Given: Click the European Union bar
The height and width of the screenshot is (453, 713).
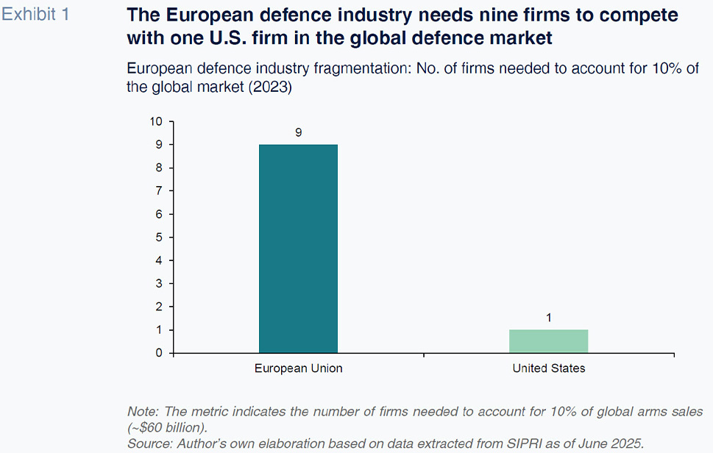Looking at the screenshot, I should click(x=298, y=249).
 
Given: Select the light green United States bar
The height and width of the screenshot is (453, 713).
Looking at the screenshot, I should click(x=549, y=341).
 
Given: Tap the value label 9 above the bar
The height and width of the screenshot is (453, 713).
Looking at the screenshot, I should click(x=299, y=132).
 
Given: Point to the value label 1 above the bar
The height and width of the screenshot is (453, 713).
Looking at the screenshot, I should click(x=549, y=318).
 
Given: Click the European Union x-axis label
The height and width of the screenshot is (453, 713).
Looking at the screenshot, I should click(x=299, y=368).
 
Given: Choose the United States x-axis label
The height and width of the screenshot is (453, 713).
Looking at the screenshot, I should click(x=549, y=368).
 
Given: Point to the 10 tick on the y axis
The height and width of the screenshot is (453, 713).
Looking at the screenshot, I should click(x=156, y=121).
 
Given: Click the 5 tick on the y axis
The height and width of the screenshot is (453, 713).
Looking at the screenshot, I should click(x=159, y=238).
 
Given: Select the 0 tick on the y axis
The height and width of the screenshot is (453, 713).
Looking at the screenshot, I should click(x=159, y=353).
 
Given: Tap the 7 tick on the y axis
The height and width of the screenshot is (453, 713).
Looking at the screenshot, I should click(x=159, y=191).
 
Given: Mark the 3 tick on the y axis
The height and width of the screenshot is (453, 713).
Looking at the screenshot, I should click(x=159, y=284).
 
